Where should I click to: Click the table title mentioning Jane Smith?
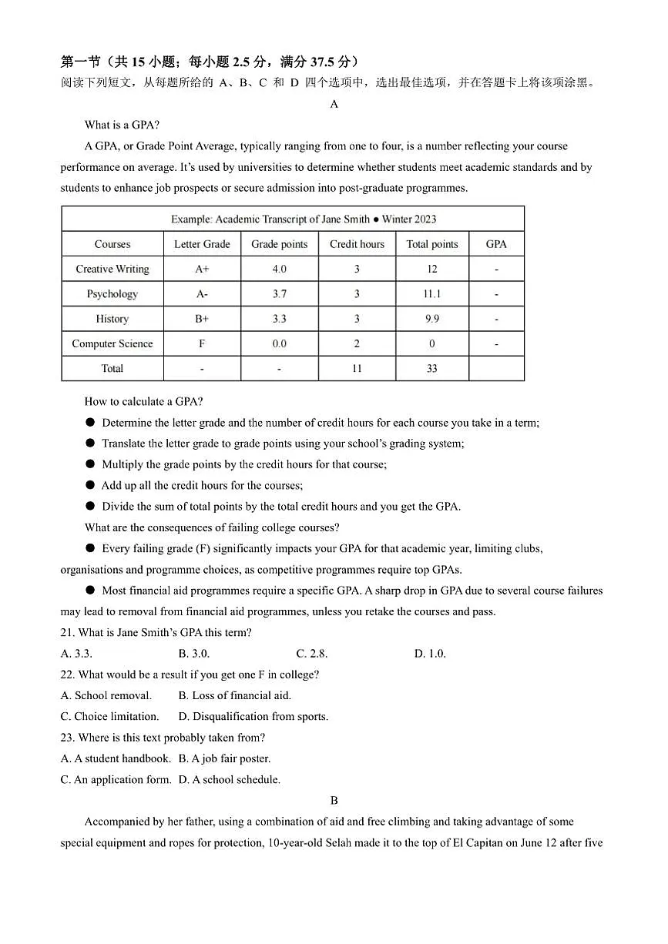coord(304,219)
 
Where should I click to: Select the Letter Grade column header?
coord(202,244)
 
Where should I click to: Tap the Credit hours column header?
coord(357,244)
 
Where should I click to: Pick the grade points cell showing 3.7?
coord(279,294)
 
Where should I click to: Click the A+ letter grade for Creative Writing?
coord(202,269)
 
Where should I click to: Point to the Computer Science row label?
coord(112,344)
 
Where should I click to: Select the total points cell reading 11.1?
coord(431,294)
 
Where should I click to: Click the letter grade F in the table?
coord(202,344)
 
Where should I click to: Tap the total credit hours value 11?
coord(357,369)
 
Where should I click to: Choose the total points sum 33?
coord(431,369)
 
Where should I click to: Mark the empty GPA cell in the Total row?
coord(496,369)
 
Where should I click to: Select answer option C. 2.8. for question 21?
coord(312,654)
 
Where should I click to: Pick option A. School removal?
coord(106,695)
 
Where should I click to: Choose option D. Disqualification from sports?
coord(253,716)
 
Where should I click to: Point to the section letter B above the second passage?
coord(334,801)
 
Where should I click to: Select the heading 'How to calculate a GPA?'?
coord(143,401)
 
